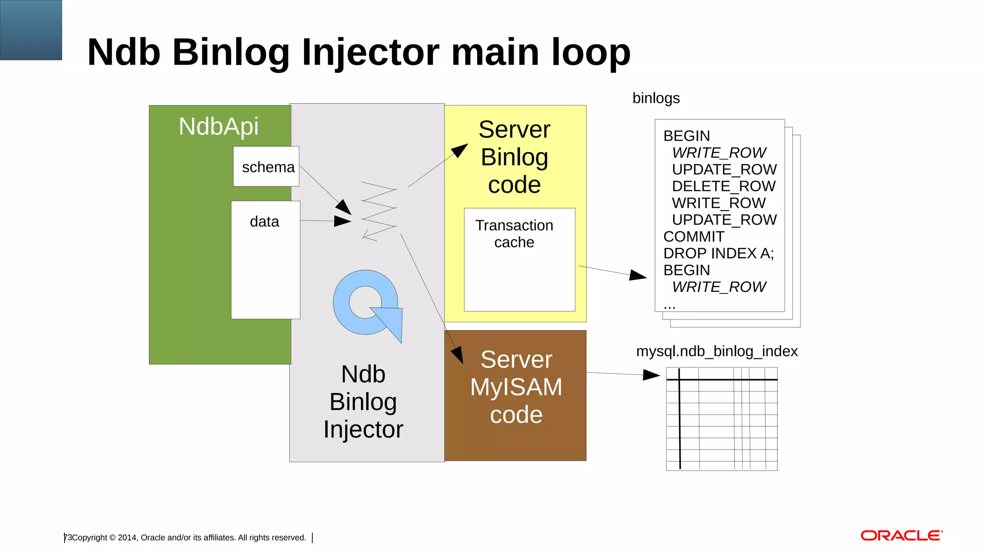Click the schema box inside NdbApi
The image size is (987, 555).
pyautogui.click(x=266, y=167)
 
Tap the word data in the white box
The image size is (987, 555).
pyautogui.click(x=264, y=222)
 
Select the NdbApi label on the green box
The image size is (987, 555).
pyautogui.click(x=218, y=127)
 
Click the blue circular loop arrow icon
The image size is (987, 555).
pyautogui.click(x=366, y=304)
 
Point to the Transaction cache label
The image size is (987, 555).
pyautogui.click(x=514, y=234)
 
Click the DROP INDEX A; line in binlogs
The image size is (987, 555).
pyautogui.click(x=718, y=253)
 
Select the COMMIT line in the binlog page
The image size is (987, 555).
pyautogui.click(x=694, y=237)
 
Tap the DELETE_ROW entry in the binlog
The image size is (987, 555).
pyautogui.click(x=723, y=186)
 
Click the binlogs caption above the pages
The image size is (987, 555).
pyautogui.click(x=656, y=98)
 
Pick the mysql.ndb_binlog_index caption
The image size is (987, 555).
pyautogui.click(x=717, y=351)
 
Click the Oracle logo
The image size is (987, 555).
pyautogui.click(x=901, y=536)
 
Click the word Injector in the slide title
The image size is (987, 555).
pyautogui.click(x=370, y=52)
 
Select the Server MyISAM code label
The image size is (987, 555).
pyautogui.click(x=516, y=387)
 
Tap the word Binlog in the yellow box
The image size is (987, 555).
pyautogui.click(x=514, y=157)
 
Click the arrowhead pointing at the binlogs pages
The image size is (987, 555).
pyautogui.click(x=638, y=275)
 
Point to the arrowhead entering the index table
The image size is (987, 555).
pyautogui.click(x=652, y=375)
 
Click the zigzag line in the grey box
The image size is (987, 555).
pyautogui.click(x=379, y=211)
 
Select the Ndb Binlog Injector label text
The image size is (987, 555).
pyautogui.click(x=363, y=401)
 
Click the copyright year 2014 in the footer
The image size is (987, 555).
pyautogui.click(x=127, y=538)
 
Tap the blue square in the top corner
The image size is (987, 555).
pyautogui.click(x=31, y=30)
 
